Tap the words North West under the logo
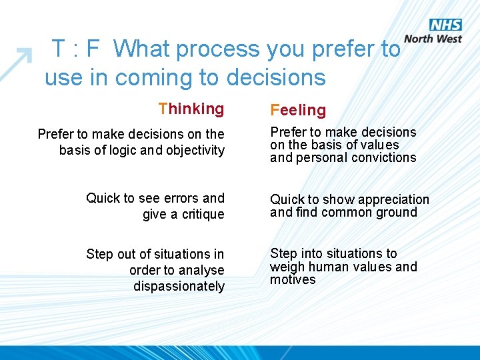click(433, 39)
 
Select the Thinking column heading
click(191, 109)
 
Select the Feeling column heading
click(298, 110)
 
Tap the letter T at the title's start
click(59, 49)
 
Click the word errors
click(181, 198)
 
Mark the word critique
click(201, 215)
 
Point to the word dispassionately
click(179, 286)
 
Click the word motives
click(292, 280)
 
